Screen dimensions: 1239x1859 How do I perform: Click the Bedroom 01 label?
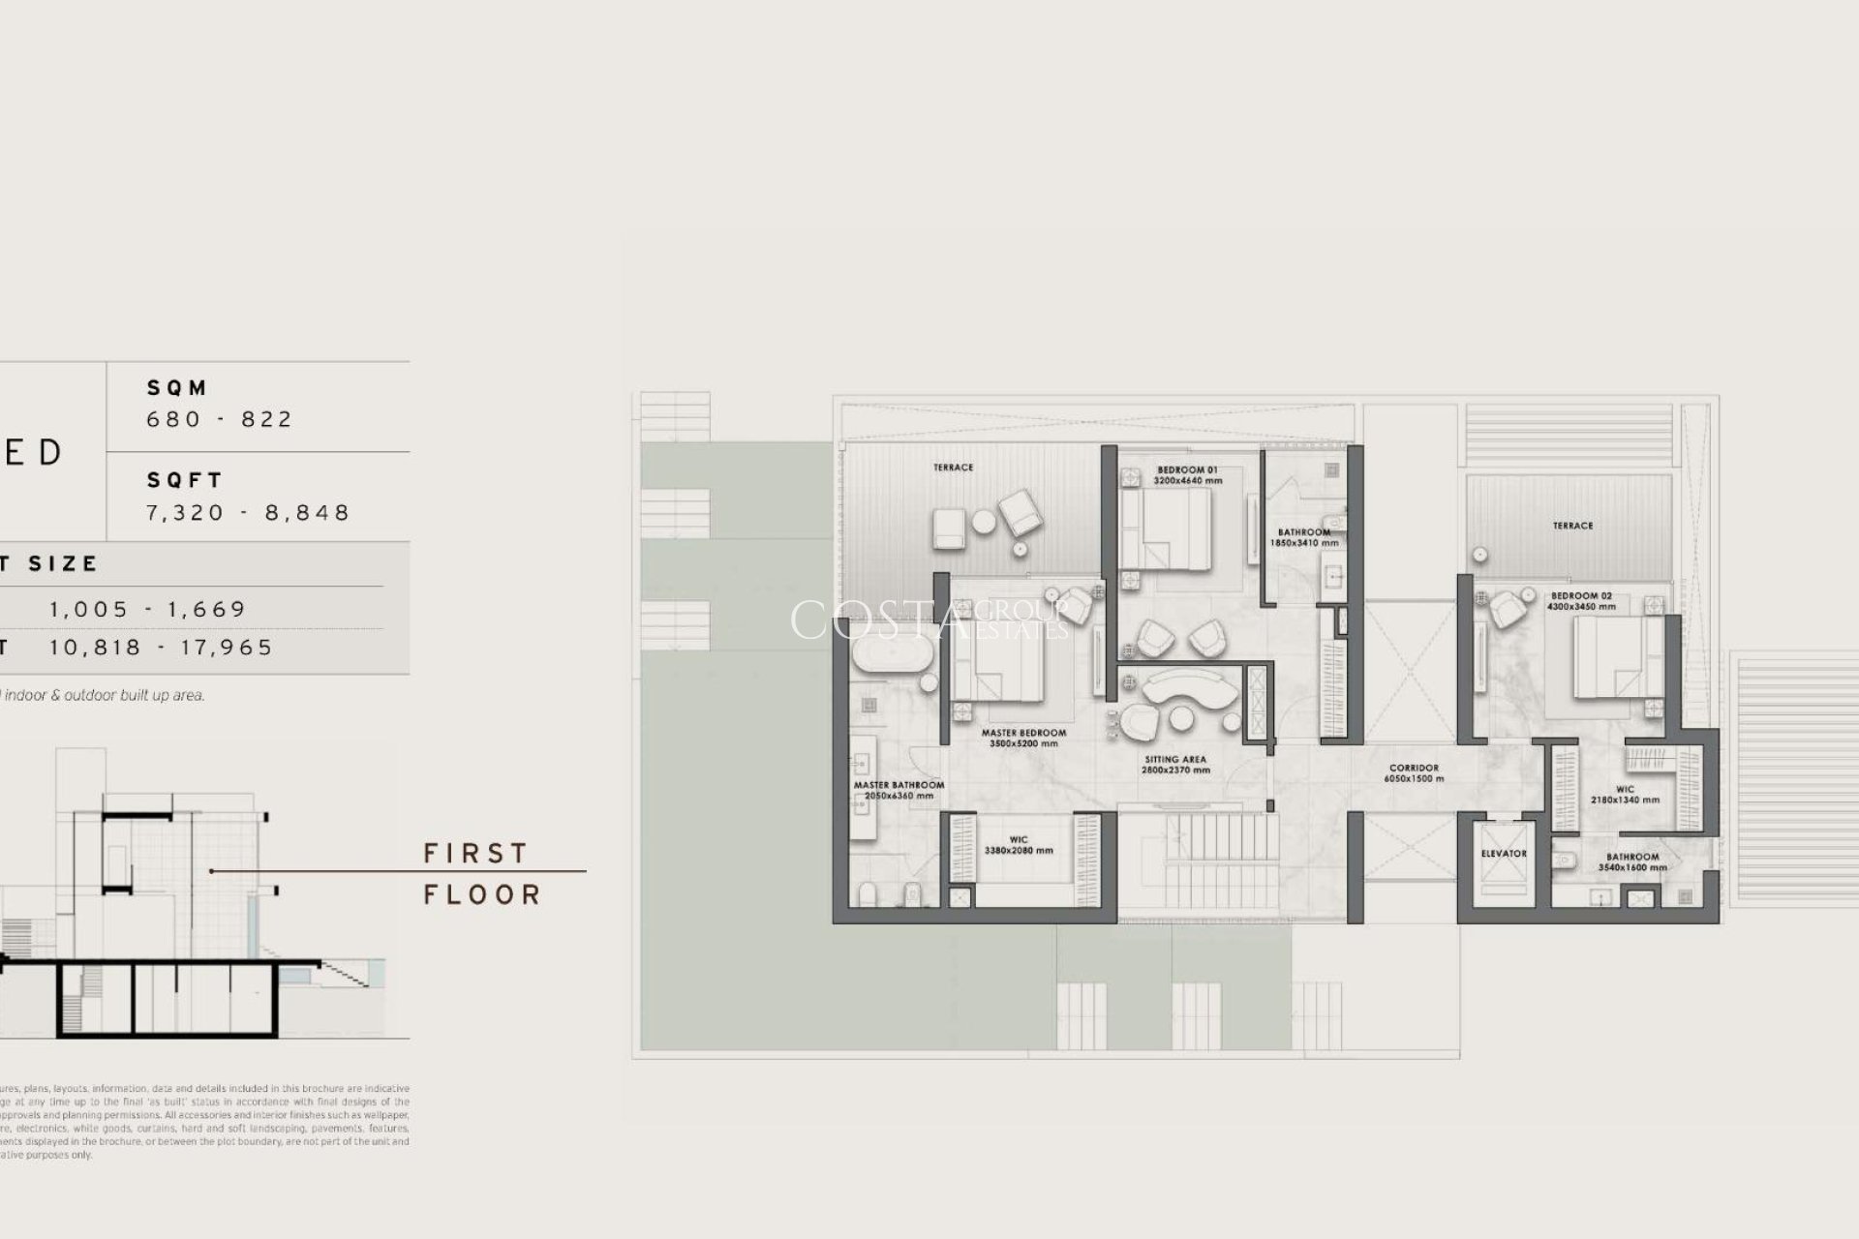pyautogui.click(x=1187, y=470)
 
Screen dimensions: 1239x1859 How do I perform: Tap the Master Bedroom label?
pyautogui.click(x=1023, y=733)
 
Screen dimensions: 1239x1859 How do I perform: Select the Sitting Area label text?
pyautogui.click(x=1174, y=760)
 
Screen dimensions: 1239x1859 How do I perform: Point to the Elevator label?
pyautogui.click(x=1504, y=854)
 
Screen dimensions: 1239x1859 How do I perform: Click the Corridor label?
pyautogui.click(x=1414, y=769)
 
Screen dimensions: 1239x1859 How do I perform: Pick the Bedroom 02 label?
pyautogui.click(x=1581, y=596)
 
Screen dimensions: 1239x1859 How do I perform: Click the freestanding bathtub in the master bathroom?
pyautogui.click(x=892, y=655)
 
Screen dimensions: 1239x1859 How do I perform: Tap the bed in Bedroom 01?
pyautogui.click(x=1173, y=528)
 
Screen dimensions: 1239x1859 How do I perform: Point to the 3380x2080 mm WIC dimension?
pyautogui.click(x=1018, y=851)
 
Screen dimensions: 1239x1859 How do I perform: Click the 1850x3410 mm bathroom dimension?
pyautogui.click(x=1303, y=543)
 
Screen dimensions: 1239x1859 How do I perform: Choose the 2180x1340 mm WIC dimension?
pyautogui.click(x=1625, y=801)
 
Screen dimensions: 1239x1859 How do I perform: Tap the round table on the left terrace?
pyautogui.click(x=984, y=522)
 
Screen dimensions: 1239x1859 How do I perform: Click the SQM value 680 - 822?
pyautogui.click(x=220, y=419)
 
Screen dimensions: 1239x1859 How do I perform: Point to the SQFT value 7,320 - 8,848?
pyautogui.click(x=248, y=512)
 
